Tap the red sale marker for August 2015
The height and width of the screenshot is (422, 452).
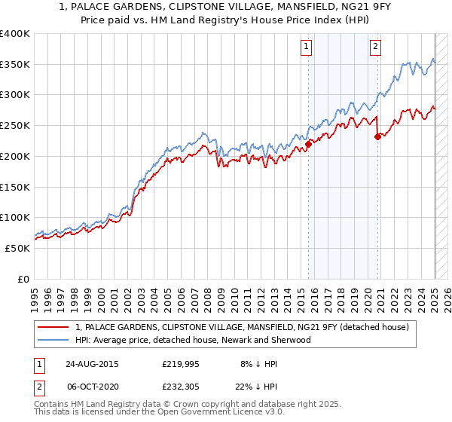(309, 142)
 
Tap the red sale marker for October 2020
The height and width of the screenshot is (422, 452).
(378, 136)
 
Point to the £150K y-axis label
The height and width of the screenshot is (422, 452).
(15, 186)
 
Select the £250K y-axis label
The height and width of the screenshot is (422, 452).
(15, 125)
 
